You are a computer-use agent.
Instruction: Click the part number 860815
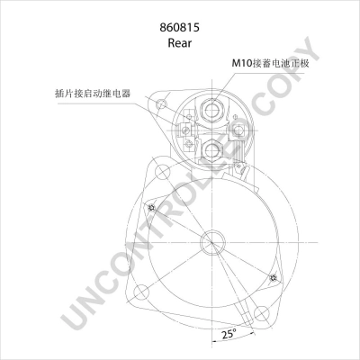coord(179,28)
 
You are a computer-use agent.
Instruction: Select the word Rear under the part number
coord(179,43)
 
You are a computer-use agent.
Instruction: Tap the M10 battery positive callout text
coord(270,63)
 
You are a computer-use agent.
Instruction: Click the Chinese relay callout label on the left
coord(93,94)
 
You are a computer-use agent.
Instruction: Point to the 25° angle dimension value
coord(229,334)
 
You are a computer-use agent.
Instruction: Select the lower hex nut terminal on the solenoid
coord(212,149)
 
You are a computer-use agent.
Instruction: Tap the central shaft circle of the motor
coord(212,242)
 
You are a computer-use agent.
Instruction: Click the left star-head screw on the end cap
coord(151,207)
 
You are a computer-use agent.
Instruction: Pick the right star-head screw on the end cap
coord(274,278)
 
